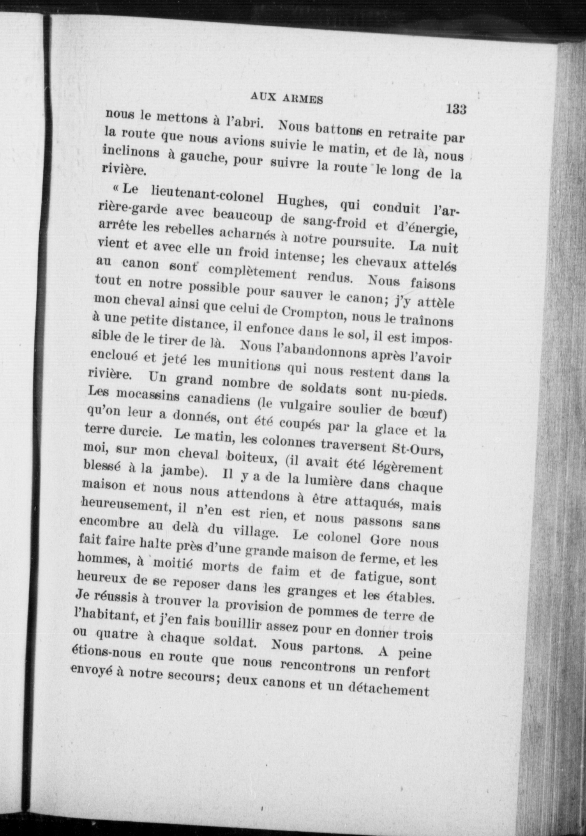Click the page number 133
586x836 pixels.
(x=457, y=109)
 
